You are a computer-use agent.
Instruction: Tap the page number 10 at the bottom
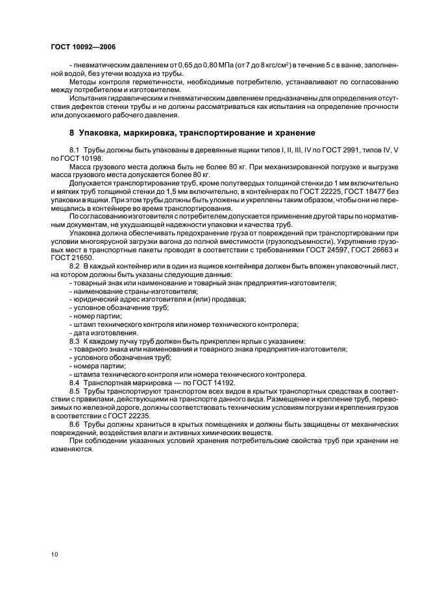(53, 554)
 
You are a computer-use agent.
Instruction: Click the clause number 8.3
(75, 340)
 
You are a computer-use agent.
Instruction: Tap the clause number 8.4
(75, 382)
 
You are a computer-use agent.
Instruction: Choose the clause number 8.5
(75, 390)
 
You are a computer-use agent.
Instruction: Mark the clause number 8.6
(75, 423)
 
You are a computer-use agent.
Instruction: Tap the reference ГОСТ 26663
(365, 250)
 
